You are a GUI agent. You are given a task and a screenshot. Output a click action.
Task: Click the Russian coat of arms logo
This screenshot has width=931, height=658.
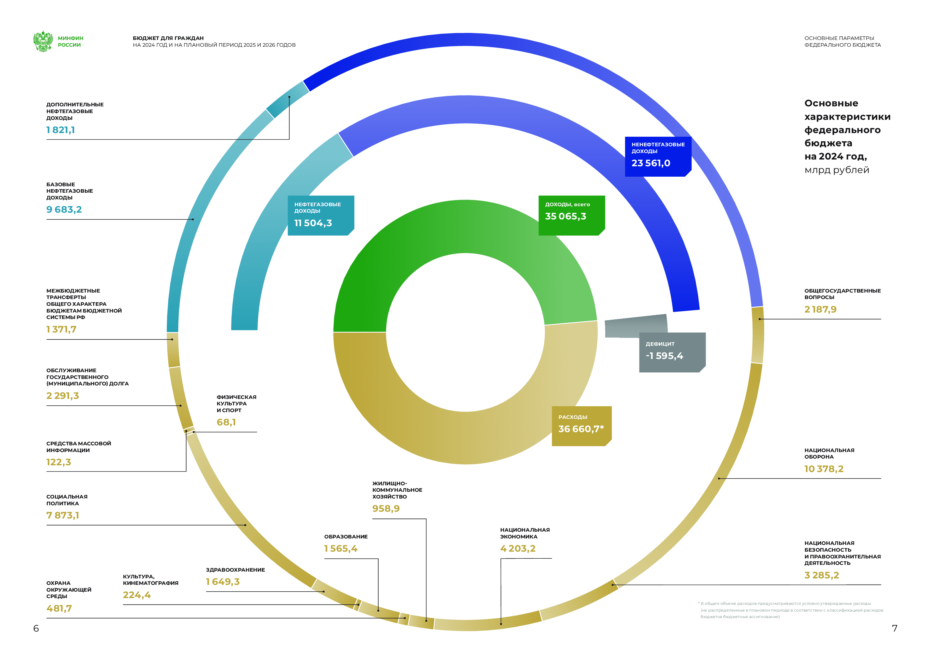click(43, 41)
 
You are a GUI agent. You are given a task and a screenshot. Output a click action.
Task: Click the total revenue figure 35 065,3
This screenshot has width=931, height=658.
click(565, 216)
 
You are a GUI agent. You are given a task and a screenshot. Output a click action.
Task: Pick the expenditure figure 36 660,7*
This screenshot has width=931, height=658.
click(581, 429)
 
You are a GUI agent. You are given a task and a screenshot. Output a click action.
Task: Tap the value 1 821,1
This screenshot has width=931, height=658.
click(61, 130)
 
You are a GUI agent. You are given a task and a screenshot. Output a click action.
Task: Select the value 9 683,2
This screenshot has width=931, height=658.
click(64, 210)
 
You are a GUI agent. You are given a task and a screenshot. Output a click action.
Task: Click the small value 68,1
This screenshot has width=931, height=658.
click(226, 422)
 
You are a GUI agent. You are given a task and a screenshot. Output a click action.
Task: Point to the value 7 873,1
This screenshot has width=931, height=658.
click(63, 515)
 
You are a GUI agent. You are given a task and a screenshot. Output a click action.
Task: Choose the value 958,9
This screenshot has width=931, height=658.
click(386, 509)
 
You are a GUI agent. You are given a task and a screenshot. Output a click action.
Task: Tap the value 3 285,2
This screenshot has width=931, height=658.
click(821, 575)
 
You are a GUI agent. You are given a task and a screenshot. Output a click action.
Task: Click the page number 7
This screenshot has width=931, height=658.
click(894, 628)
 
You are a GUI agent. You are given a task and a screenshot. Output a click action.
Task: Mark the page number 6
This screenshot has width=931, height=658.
click(36, 628)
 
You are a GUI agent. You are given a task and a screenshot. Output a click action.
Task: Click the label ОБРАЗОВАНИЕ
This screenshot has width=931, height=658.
click(346, 536)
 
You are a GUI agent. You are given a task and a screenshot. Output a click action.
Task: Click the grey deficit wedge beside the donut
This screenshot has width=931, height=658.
click(636, 326)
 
